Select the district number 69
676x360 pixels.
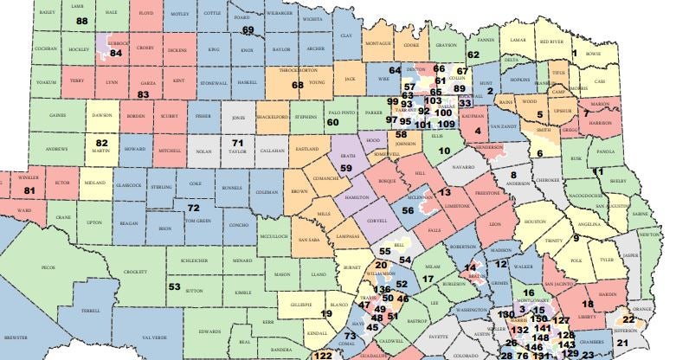tap(248, 30)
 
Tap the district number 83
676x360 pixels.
tap(144, 93)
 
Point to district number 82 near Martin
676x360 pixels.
tap(102, 143)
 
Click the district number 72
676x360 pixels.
tap(193, 208)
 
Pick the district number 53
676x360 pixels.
tap(174, 286)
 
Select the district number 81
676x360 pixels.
tap(30, 190)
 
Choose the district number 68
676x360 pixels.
tap(297, 85)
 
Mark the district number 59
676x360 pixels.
tap(345, 168)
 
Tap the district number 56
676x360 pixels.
tap(408, 210)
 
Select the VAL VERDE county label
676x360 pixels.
tap(153, 337)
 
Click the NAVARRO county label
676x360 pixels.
tap(464, 164)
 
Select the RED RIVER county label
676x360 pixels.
tap(556, 41)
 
